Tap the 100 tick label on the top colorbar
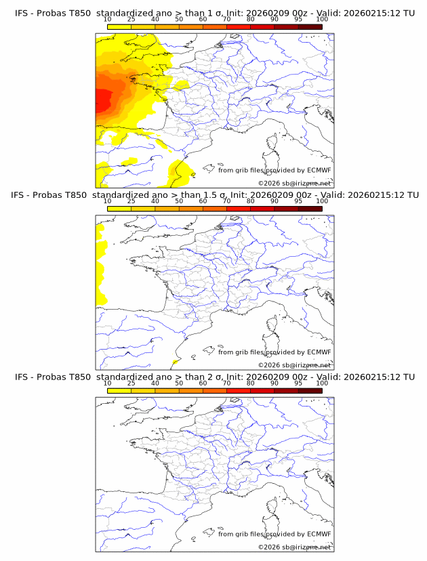[321, 20]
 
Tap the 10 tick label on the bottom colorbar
[108, 383]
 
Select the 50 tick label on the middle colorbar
[179, 201]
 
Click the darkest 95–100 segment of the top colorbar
[310, 27]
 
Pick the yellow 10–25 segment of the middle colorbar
[119, 209]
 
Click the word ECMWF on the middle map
[319, 352]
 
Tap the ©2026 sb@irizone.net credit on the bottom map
[294, 547]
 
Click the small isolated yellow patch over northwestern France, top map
[181, 85]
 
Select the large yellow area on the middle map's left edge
[102, 264]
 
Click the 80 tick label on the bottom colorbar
[250, 383]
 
